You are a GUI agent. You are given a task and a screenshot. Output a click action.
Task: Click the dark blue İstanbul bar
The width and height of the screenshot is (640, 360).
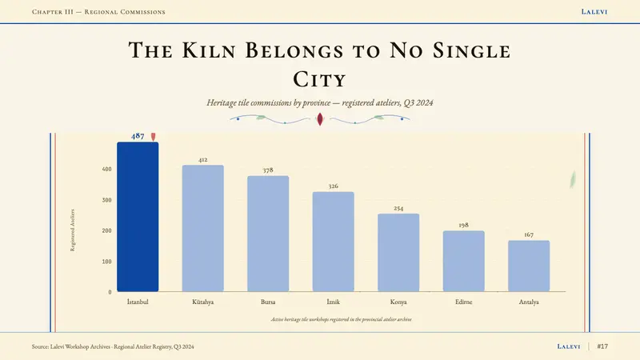click(x=138, y=217)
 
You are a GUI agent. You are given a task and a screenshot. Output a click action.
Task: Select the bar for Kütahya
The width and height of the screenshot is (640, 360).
click(x=203, y=228)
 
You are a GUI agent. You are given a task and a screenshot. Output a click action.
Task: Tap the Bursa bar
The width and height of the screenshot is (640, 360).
click(x=268, y=234)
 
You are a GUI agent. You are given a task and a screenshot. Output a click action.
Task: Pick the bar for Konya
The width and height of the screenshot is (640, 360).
click(x=398, y=253)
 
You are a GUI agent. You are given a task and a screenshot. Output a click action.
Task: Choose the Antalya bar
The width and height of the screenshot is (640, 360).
click(x=529, y=266)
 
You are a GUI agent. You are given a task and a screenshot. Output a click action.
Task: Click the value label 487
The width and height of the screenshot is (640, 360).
click(x=138, y=136)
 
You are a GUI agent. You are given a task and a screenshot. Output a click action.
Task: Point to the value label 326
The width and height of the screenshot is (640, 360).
click(x=334, y=186)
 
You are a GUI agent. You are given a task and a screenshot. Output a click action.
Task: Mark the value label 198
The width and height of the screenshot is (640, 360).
click(x=464, y=225)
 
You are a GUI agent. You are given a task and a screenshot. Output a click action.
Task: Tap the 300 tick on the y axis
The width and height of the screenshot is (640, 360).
click(x=107, y=200)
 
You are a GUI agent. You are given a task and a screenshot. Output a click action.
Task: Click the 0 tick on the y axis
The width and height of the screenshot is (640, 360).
click(x=110, y=292)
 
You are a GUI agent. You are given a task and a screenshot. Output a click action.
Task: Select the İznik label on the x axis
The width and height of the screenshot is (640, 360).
click(x=333, y=302)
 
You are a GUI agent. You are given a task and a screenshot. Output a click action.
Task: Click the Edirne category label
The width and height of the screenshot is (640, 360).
click(x=464, y=302)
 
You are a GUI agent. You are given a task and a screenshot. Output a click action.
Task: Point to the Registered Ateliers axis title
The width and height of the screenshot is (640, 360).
click(x=73, y=230)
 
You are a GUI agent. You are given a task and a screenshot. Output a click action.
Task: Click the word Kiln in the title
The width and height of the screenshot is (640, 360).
click(x=209, y=50)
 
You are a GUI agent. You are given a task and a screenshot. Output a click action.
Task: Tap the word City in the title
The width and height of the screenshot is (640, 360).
click(x=319, y=79)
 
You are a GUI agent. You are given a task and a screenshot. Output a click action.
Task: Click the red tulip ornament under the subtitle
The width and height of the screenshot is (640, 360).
click(x=320, y=118)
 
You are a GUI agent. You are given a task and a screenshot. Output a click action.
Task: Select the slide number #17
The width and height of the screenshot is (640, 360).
click(x=602, y=346)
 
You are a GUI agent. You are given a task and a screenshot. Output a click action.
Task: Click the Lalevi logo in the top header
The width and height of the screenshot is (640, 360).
click(x=594, y=12)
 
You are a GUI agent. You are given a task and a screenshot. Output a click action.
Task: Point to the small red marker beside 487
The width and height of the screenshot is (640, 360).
click(x=153, y=136)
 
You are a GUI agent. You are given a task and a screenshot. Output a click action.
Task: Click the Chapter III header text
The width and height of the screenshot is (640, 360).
click(x=98, y=12)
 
